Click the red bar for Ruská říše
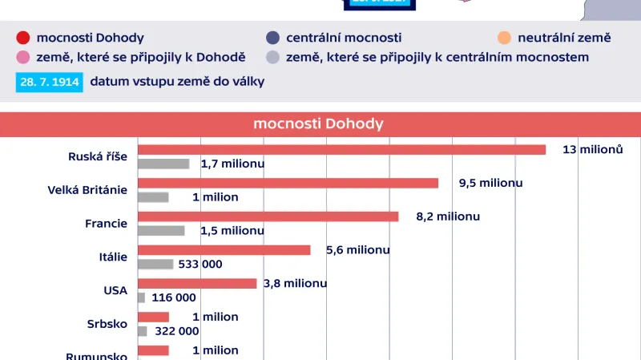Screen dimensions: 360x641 click(x=341, y=149)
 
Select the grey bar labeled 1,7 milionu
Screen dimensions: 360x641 click(x=163, y=164)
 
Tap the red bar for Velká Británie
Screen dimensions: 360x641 click(x=288, y=183)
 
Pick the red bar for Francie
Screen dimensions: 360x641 click(x=268, y=216)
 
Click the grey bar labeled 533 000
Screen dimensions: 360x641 click(x=155, y=264)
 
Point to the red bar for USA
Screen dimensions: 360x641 click(x=197, y=283)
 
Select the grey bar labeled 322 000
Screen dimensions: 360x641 click(x=143, y=330)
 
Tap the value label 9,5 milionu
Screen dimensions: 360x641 click(x=490, y=183)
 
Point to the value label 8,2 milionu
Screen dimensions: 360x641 click(x=448, y=216)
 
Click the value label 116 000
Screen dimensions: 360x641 click(x=173, y=297)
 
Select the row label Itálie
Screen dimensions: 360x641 click(x=112, y=257)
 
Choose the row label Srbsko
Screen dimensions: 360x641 click(x=107, y=324)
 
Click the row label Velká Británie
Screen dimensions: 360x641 click(x=88, y=190)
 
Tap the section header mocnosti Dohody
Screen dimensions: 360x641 click(x=319, y=123)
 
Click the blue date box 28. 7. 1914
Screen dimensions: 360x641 click(x=49, y=82)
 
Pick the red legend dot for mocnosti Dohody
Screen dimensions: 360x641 click(x=22, y=38)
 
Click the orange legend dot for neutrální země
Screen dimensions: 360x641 click(x=504, y=38)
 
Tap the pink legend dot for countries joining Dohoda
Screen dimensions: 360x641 click(x=22, y=57)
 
